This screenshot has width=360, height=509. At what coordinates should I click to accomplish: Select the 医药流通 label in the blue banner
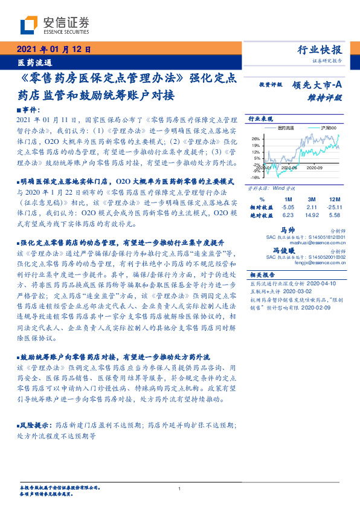pos(34,62)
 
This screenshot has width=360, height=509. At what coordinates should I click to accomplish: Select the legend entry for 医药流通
pos(286,128)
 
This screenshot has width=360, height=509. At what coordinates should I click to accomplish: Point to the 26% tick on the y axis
pos(256,138)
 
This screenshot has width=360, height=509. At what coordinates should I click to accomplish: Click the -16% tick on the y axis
pos(255,178)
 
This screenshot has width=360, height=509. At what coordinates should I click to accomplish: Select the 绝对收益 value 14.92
pos(312,215)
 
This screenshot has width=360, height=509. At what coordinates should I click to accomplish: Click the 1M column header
pos(288,199)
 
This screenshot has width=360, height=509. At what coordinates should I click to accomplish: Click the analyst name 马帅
pos(287,230)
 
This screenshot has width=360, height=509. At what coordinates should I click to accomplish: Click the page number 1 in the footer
pos(180,488)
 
